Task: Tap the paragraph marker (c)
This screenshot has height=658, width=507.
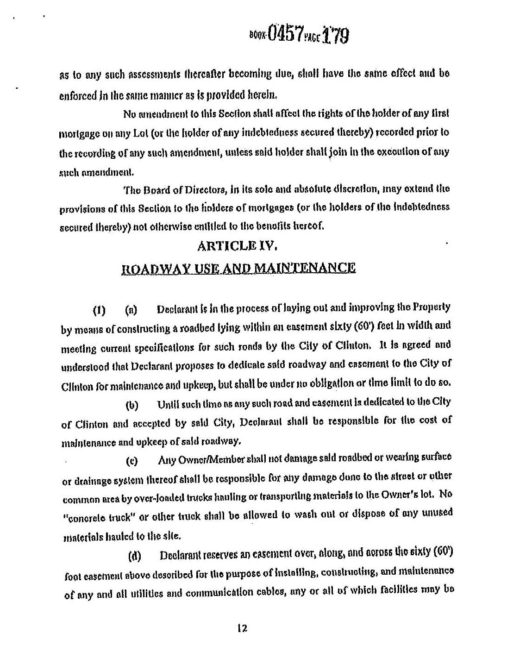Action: pos(132,462)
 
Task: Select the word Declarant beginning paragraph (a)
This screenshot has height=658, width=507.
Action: pos(174,309)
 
